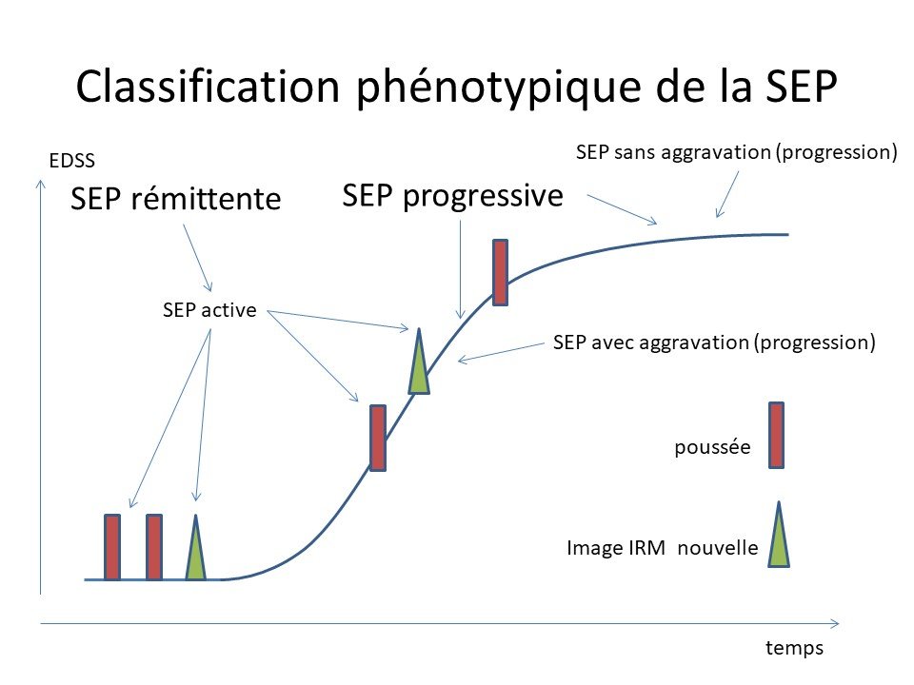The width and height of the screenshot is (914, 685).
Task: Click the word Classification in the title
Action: click(208, 88)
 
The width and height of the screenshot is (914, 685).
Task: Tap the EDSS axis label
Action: click(71, 161)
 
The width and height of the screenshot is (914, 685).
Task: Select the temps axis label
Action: click(794, 648)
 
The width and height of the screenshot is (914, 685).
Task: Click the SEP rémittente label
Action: click(176, 199)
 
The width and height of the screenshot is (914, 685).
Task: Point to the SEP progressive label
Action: click(453, 197)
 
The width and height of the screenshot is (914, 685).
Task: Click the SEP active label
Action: click(209, 310)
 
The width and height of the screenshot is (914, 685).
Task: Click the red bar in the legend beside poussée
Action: click(776, 435)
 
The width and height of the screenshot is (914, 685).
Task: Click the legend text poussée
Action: click(712, 447)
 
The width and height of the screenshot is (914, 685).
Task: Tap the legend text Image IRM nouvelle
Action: click(663, 548)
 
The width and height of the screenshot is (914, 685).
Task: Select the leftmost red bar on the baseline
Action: click(112, 547)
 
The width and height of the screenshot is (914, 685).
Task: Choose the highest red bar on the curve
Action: click(500, 273)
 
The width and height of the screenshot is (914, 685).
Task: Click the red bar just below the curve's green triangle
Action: click(378, 438)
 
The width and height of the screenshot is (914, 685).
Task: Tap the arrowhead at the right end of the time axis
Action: click(836, 624)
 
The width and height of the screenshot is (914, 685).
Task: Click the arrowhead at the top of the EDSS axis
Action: click(41, 184)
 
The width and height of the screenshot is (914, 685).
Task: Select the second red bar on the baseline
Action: click(154, 547)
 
